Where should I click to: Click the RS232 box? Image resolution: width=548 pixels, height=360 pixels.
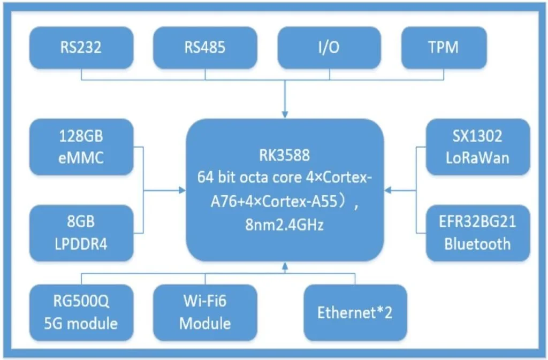(81, 48)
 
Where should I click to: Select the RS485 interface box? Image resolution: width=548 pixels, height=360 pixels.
(205, 48)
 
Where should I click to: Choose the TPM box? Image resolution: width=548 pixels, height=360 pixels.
(444, 48)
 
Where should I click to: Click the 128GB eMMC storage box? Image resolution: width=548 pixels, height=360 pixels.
(81, 147)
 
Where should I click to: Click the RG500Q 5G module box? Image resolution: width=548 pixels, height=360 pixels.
(81, 312)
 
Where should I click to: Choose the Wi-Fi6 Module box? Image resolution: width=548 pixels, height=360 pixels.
(205, 312)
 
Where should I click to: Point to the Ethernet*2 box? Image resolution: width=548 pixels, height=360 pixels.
(355, 312)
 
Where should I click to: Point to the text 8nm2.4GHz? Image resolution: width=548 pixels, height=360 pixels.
(285, 226)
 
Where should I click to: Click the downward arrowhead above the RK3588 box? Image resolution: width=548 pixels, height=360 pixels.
(285, 115)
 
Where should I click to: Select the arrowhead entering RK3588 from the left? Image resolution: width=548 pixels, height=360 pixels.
(181, 189)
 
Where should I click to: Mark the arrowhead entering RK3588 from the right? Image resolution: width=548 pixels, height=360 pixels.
(389, 189)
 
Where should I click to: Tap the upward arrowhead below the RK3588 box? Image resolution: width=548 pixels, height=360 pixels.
(285, 266)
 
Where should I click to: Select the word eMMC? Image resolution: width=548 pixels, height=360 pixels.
(81, 158)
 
